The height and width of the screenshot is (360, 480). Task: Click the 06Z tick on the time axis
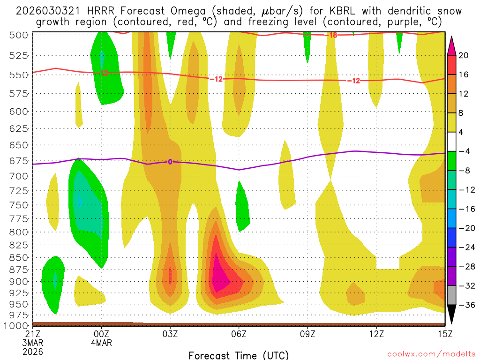pyautogui.click(x=239, y=334)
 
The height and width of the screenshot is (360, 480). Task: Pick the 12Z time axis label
pyautogui.click(x=376, y=334)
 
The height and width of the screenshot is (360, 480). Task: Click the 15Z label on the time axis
pyautogui.click(x=444, y=334)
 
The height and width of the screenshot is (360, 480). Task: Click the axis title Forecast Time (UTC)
pyautogui.click(x=239, y=355)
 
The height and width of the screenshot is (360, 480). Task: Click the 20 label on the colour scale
pyautogui.click(x=465, y=55)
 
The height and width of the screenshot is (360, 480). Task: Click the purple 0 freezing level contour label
pyautogui.click(x=170, y=162)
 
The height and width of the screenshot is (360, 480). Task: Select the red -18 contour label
pyautogui.click(x=331, y=35)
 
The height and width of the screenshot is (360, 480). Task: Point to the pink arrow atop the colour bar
pyautogui.click(x=452, y=45)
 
